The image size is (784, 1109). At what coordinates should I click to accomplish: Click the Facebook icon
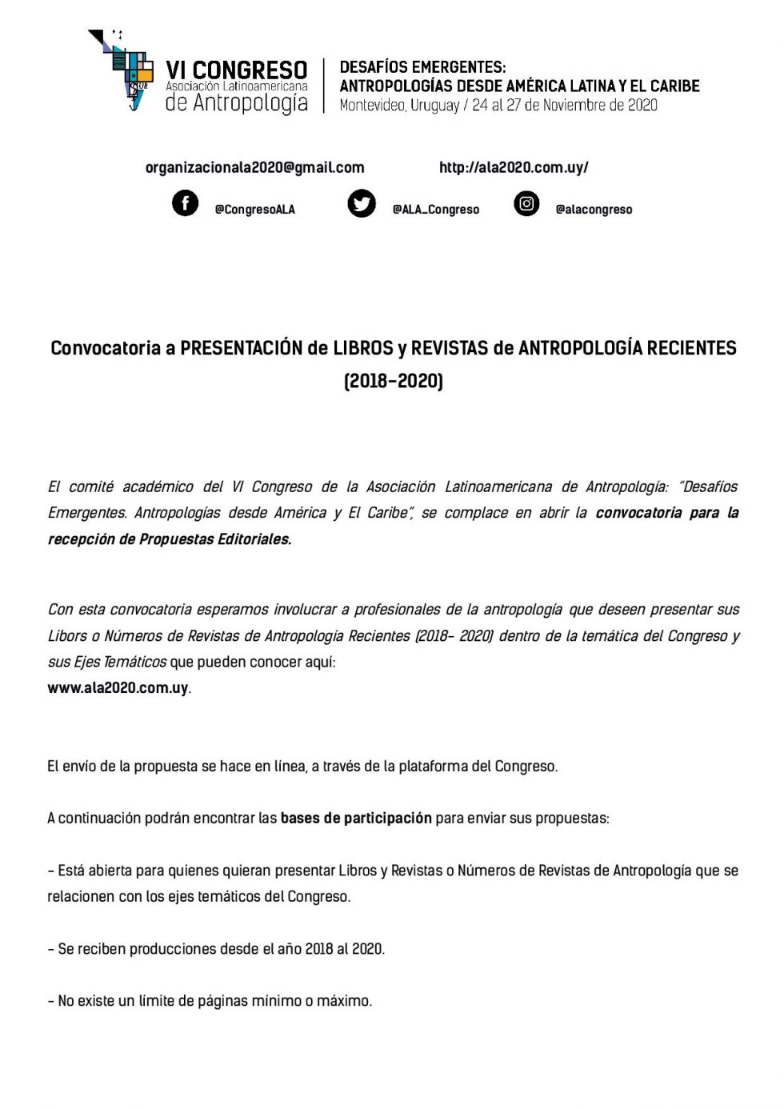(x=185, y=203)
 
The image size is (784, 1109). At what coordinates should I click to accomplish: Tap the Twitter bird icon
(x=362, y=204)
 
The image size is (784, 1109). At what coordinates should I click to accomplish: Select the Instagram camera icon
(x=526, y=204)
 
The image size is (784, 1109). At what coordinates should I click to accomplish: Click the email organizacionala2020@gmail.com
(x=254, y=167)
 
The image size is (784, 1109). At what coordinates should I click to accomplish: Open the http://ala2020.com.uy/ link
(x=514, y=167)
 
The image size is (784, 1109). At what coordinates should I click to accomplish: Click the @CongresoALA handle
(x=254, y=210)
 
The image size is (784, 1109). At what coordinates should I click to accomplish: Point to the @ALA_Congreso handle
(x=435, y=210)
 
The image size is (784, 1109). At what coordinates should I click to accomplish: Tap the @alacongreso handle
(x=594, y=210)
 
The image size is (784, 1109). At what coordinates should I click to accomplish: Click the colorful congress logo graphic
(x=122, y=70)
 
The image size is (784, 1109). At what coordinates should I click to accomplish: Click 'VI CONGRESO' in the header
(x=236, y=70)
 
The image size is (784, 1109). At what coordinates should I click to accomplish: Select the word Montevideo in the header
(x=372, y=105)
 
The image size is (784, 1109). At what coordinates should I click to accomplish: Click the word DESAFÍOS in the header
(x=378, y=67)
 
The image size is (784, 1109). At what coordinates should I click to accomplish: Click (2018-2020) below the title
(x=393, y=380)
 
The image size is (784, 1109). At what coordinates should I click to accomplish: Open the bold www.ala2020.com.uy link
(x=118, y=688)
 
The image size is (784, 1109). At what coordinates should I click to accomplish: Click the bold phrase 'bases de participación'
(x=356, y=818)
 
